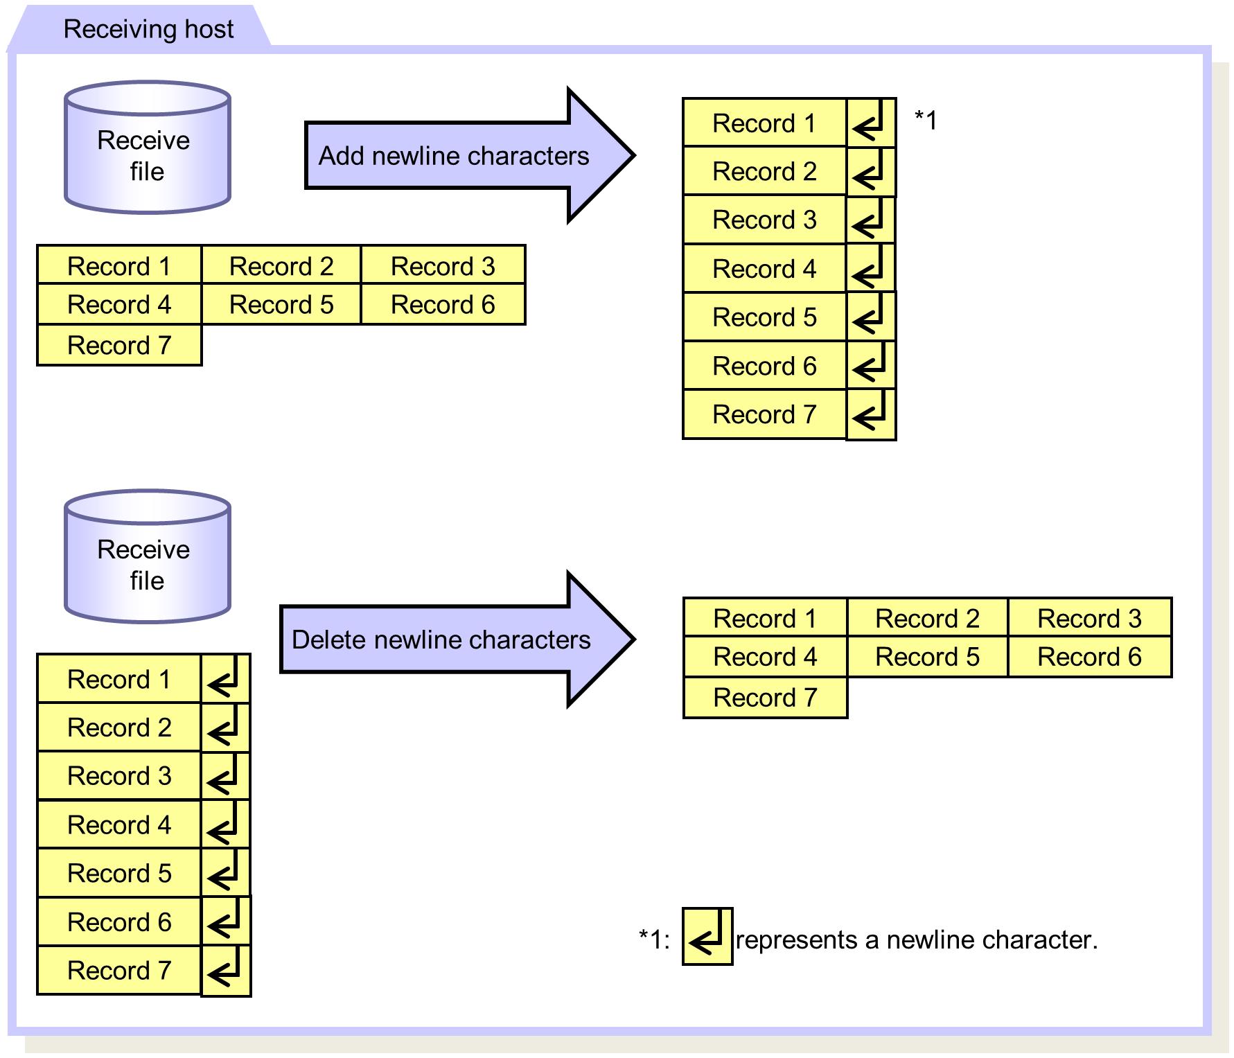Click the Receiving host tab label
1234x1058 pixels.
(148, 29)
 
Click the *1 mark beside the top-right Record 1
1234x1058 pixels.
(926, 120)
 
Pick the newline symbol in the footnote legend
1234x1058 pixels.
(707, 936)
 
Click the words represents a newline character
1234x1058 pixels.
(916, 940)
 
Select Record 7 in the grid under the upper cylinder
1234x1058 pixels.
(119, 345)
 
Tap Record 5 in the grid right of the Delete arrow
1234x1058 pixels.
(927, 656)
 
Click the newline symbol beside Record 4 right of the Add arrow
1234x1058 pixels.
(870, 268)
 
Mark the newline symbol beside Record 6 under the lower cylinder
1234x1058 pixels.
(225, 921)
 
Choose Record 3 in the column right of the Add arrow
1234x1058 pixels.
(764, 220)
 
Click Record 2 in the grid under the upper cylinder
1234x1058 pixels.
(281, 265)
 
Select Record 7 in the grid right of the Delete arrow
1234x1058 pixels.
(765, 697)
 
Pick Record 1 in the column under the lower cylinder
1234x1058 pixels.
(119, 679)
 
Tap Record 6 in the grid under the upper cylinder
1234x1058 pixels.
(443, 304)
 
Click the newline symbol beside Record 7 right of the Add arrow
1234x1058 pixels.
(871, 414)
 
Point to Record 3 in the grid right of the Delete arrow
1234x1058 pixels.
(1089, 618)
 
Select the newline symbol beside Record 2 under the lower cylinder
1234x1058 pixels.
(225, 727)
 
